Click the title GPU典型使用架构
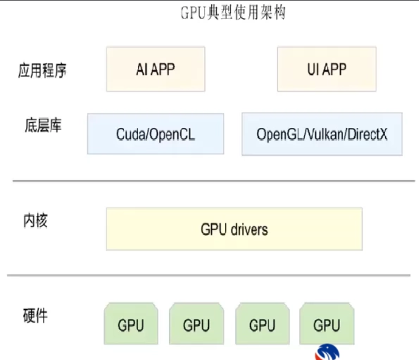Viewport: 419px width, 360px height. (233, 12)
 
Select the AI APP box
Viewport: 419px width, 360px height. (155, 69)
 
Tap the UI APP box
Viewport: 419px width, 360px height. (327, 69)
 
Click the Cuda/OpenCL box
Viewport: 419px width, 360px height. (155, 134)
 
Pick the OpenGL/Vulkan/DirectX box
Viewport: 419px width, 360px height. (322, 134)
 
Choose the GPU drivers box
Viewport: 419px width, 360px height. (234, 229)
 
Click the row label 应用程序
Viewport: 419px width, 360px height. (42, 71)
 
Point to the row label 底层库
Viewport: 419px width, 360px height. (43, 125)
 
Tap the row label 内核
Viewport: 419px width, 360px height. (35, 220)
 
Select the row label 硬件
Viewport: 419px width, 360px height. (35, 315)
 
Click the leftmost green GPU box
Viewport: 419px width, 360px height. (131, 325)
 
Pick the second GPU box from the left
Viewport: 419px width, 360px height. (197, 325)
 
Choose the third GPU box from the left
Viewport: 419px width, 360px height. (262, 325)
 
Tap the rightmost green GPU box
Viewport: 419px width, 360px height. (327, 325)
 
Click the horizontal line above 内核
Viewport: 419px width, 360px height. (214, 181)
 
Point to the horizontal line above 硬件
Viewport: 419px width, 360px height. (214, 275)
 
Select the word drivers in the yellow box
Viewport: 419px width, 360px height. (249, 229)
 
